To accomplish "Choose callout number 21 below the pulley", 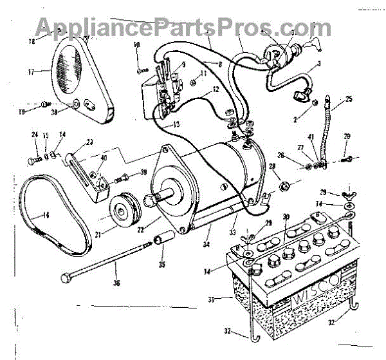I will (x=116, y=234).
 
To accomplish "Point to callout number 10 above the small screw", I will (x=136, y=44).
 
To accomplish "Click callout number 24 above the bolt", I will (x=34, y=135).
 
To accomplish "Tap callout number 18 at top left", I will (x=32, y=40).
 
